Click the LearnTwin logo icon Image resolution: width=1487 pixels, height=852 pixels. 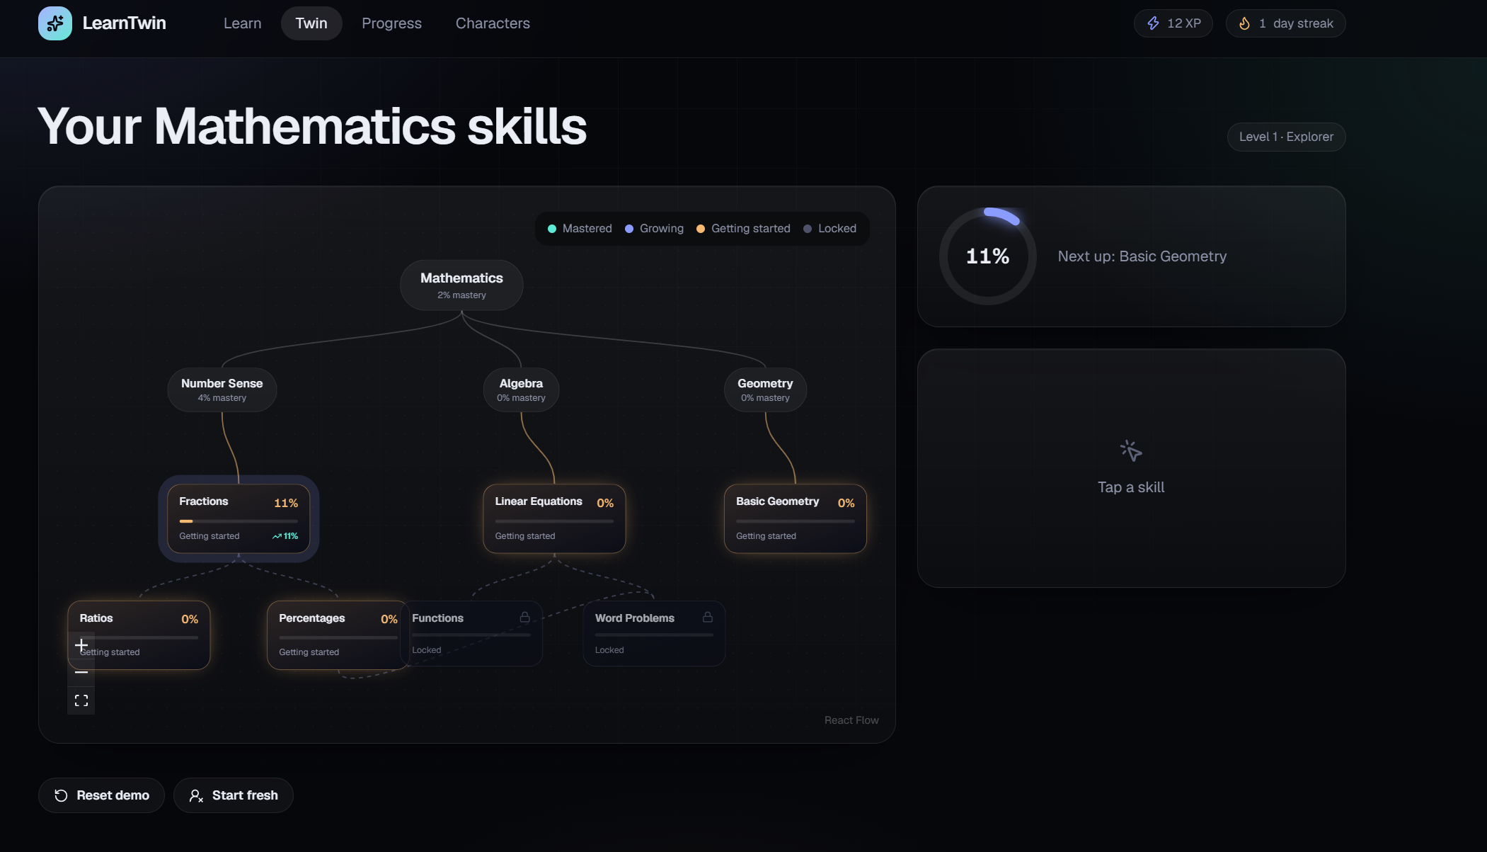pos(55,23)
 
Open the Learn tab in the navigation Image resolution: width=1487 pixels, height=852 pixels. pos(242,23)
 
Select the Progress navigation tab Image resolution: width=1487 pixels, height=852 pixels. pos(391,23)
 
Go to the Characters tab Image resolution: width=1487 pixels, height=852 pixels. pos(493,23)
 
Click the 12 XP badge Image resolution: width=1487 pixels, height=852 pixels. pos(1173,23)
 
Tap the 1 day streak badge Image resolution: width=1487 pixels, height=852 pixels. pos(1286,23)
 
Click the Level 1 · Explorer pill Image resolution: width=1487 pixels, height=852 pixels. pos(1286,137)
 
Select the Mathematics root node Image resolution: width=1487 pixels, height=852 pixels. pos(461,285)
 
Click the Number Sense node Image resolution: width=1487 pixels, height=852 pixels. pos(222,390)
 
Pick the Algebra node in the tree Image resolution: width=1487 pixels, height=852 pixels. pos(521,390)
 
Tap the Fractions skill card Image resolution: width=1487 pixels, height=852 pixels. pos(239,518)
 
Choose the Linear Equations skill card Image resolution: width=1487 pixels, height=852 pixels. pos(554,518)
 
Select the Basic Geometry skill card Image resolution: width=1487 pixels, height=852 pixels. pos(795,518)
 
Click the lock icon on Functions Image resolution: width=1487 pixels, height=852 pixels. pos(524,618)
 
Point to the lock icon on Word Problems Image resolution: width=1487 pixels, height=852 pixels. pos(707,618)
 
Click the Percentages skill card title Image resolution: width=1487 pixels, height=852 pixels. pos(312,618)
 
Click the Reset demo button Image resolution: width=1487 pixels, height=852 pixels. pos(101,795)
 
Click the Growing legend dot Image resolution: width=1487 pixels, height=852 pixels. pos(629,229)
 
